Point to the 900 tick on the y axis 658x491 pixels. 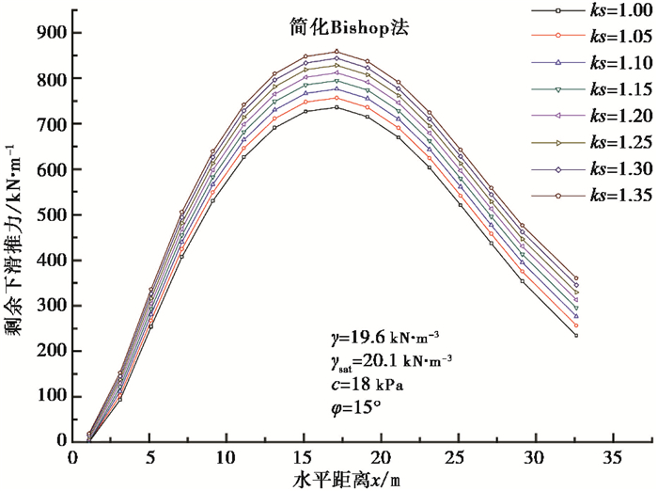55,33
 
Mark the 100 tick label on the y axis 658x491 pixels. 55,396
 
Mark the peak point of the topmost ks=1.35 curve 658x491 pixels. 336,52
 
